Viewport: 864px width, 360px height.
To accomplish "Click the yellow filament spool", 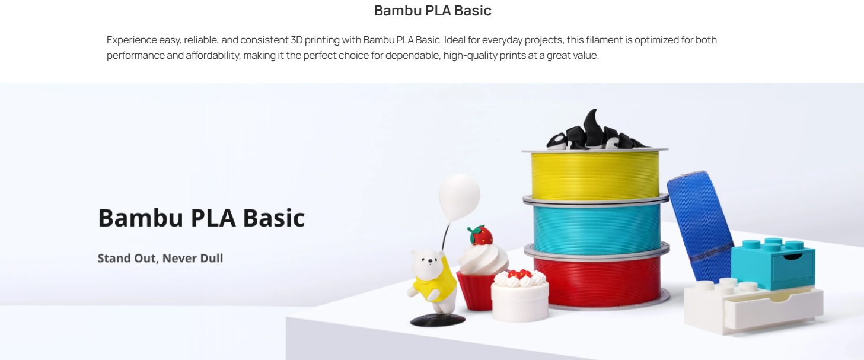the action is tap(595, 175).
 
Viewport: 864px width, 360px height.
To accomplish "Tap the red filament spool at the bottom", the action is tap(597, 281).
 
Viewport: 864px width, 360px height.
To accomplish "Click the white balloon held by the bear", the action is tap(460, 197).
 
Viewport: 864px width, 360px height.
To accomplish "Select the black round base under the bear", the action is tap(438, 320).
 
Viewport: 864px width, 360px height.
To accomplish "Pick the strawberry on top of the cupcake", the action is tap(480, 235).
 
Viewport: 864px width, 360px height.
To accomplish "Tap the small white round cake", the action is tap(520, 297).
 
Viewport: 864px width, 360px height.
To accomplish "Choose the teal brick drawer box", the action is tap(773, 263).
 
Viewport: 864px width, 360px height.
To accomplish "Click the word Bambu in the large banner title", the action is tap(141, 218).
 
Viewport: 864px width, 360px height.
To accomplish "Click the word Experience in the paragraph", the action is tap(132, 40).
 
